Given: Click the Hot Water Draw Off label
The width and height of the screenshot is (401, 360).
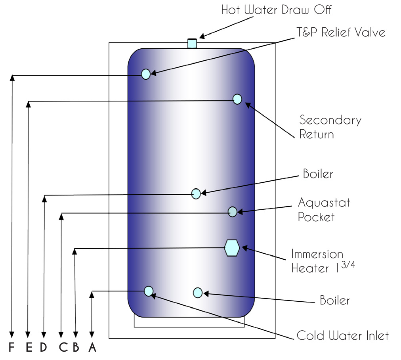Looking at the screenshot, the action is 276,10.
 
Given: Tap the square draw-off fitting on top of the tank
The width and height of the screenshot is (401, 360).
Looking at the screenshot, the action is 192,43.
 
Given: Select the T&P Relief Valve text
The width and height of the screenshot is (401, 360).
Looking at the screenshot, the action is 341,33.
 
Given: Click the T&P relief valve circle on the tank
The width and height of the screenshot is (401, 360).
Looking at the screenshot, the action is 146,74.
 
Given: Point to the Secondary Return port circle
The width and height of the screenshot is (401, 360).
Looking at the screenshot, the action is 237,99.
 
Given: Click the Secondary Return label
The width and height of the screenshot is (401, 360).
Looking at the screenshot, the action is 330,127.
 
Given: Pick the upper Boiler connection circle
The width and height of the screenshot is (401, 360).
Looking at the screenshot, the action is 196,194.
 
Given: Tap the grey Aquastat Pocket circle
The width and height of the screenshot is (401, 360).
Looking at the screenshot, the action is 233,212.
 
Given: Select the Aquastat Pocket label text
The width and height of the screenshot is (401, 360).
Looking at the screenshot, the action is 324,210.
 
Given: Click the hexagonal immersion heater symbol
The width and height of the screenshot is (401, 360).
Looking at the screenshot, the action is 232,248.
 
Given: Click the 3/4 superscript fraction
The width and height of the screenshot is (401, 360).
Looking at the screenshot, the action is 348,264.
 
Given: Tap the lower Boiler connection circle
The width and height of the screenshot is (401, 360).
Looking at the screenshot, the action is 198,293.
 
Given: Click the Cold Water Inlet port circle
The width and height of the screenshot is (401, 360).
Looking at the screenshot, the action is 149,291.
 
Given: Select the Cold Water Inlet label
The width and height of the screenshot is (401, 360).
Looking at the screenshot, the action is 342,335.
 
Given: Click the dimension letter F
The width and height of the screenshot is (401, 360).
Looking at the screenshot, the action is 11,347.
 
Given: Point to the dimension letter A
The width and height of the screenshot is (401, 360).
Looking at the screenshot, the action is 92,347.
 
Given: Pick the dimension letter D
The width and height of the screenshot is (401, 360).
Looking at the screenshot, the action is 44,347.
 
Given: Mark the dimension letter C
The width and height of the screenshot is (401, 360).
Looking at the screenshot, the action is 63,347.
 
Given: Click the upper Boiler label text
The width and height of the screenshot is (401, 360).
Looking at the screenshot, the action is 318,174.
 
